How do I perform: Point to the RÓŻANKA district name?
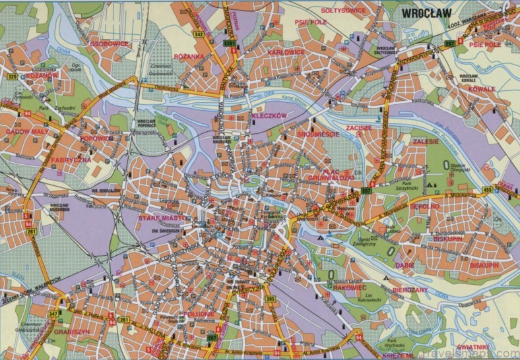[x=189, y=57]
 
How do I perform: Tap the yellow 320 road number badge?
[x=11, y=76]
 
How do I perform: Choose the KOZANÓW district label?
[x=42, y=76]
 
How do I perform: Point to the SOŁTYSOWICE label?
[x=343, y=11]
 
